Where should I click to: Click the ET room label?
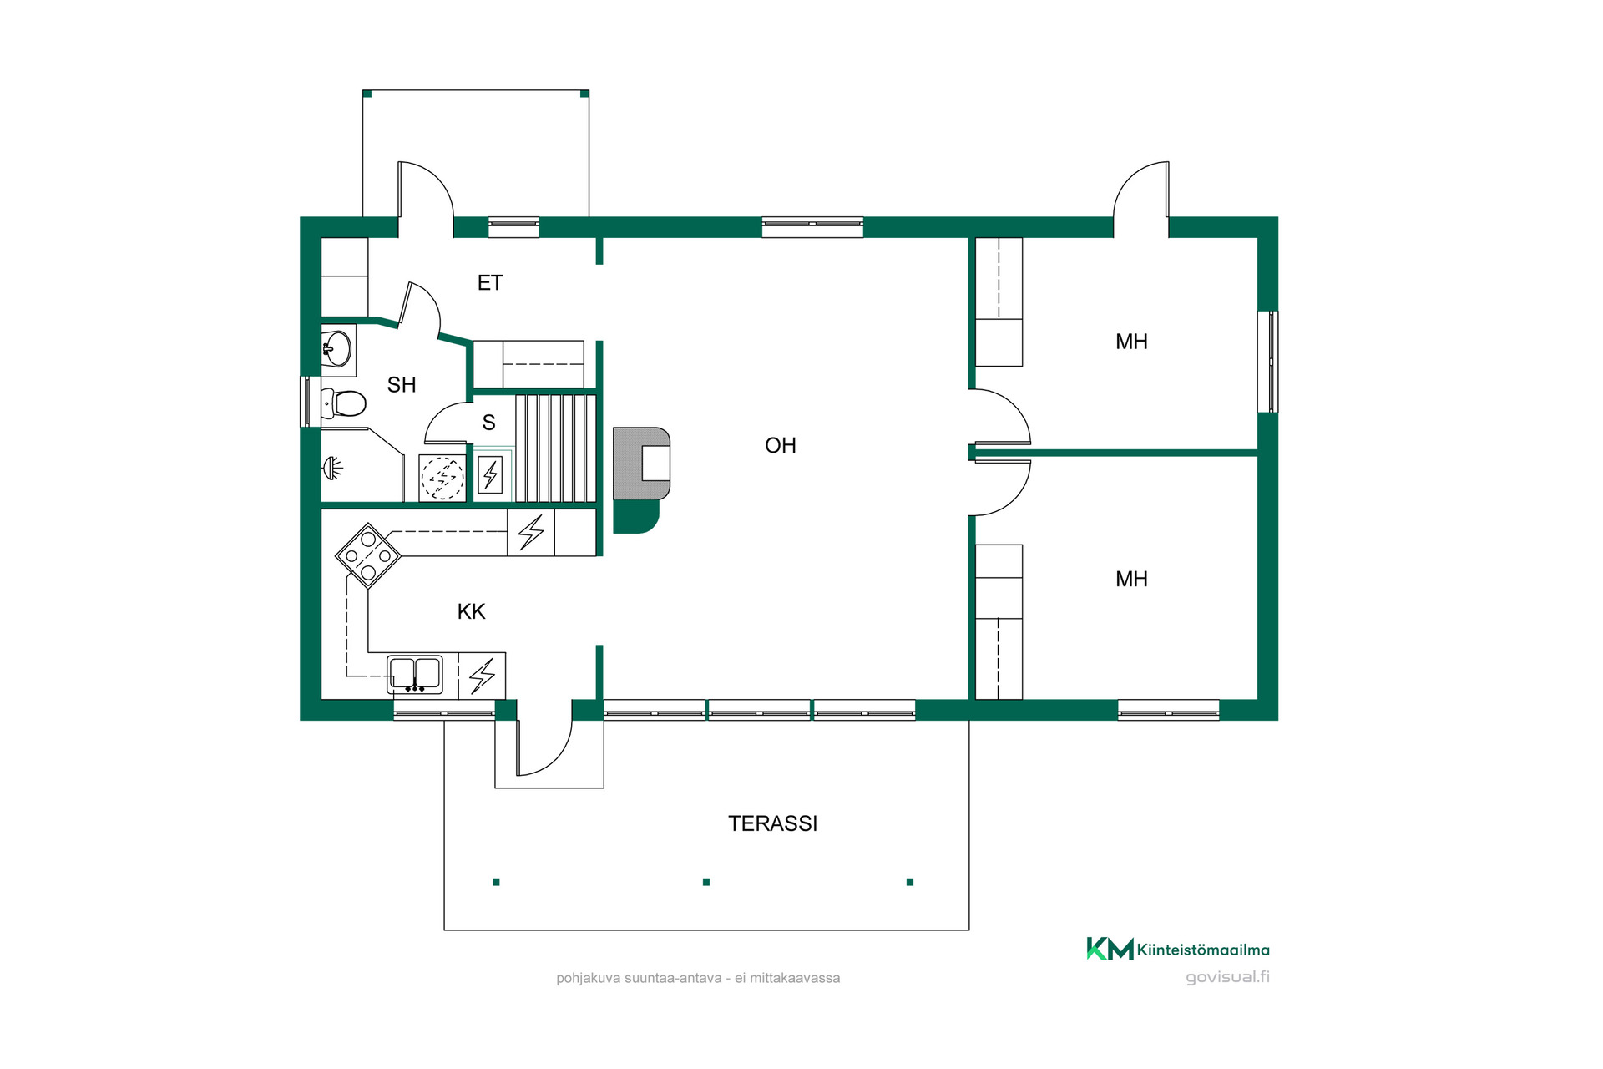490,283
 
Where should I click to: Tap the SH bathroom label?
402,385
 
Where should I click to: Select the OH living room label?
781,446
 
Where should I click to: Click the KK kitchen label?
471,611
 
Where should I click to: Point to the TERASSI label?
772,823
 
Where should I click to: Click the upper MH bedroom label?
1131,342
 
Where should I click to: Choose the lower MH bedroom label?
1131,579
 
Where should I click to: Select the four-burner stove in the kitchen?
368,555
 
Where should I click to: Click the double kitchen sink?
415,674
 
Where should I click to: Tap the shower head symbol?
333,468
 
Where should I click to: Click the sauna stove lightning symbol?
490,476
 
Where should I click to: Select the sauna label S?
488,423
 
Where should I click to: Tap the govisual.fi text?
1227,977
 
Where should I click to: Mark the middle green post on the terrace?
706,882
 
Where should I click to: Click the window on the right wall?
1268,362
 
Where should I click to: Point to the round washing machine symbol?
442,478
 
